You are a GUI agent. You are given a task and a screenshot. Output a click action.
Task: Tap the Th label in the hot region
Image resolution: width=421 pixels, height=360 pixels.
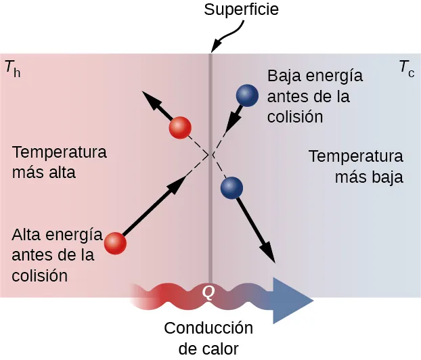12,68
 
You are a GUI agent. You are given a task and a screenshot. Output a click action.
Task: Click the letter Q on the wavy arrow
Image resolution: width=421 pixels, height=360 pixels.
209,292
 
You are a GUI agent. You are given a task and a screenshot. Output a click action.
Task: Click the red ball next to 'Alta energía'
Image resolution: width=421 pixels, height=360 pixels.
116,243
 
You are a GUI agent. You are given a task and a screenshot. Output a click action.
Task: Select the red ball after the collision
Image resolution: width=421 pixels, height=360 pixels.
180,127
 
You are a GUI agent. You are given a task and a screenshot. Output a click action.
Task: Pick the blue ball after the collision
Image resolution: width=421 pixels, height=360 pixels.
232,187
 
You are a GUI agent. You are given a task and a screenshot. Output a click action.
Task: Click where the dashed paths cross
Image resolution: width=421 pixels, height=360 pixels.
211,155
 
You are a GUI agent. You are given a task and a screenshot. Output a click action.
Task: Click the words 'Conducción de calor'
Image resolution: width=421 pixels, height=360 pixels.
208,338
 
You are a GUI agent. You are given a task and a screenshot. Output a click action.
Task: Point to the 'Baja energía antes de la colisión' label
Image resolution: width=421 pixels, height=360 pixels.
315,96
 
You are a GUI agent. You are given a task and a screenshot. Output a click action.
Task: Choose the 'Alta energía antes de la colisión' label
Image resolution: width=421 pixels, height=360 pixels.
57,256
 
